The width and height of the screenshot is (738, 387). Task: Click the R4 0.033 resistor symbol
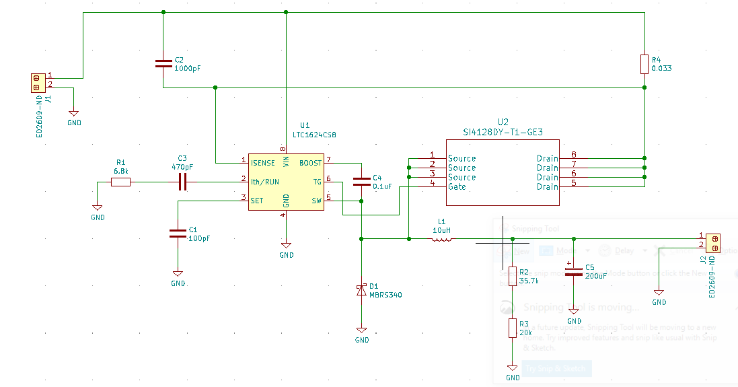[x=644, y=65]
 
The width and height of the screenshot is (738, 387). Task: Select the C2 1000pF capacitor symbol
[x=163, y=64]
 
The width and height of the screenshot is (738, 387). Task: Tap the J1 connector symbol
[x=38, y=83]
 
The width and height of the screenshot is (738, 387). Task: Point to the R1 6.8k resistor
[x=120, y=182]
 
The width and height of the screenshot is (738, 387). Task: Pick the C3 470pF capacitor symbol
[x=182, y=182]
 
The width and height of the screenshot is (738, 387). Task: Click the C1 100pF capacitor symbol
[x=178, y=234]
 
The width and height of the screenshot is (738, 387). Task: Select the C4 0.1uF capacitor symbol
[x=361, y=181]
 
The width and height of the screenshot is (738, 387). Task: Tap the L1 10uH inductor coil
[x=441, y=238]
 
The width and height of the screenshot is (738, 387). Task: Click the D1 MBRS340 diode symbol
[x=361, y=290]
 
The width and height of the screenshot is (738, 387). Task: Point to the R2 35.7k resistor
[x=513, y=276]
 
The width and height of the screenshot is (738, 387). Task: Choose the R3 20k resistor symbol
[x=513, y=328]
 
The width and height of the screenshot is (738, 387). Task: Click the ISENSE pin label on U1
[x=263, y=163]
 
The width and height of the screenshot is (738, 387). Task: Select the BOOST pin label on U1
[x=310, y=163]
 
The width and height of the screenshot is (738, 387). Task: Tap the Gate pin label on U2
[x=457, y=186]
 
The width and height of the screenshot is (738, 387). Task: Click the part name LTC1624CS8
[x=314, y=135]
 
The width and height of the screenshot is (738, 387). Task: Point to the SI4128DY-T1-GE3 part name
[x=503, y=132]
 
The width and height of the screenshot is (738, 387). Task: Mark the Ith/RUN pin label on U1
[x=264, y=182]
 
